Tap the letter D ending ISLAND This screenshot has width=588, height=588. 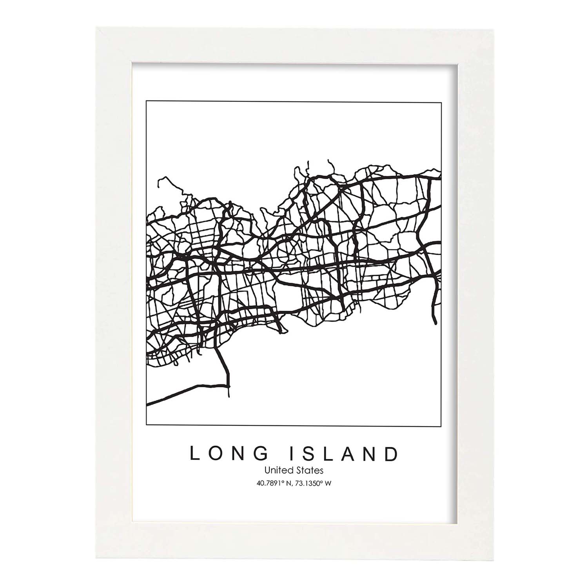[x=391, y=454]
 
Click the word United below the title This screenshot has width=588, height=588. [x=276, y=470]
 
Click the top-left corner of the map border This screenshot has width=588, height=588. [x=146, y=101]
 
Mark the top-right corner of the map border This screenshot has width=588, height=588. [x=441, y=101]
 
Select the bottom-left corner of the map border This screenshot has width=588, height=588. [x=146, y=426]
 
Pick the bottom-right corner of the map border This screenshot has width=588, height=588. [x=441, y=426]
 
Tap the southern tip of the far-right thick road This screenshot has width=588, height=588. [x=436, y=324]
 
